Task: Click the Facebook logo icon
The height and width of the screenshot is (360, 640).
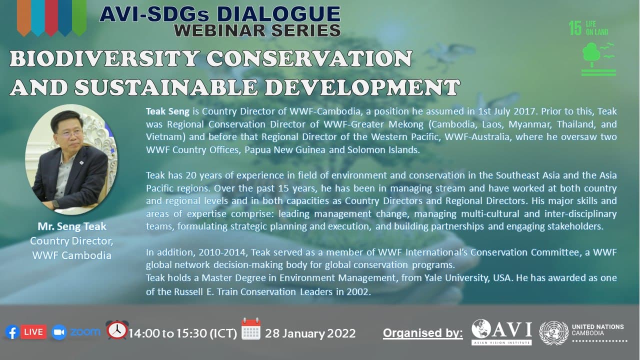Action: [x=12, y=332]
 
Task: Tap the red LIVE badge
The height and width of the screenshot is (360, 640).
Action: [x=33, y=332]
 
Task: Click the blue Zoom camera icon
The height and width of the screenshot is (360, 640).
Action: [x=59, y=332]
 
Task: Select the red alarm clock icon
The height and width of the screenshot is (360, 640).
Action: [x=117, y=329]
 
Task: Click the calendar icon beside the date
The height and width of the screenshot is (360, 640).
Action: [x=251, y=329]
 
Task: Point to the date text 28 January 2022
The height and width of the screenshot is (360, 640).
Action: [x=310, y=333]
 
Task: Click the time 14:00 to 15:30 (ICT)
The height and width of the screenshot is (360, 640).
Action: [x=183, y=333]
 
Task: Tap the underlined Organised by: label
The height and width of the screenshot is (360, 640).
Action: [x=423, y=333]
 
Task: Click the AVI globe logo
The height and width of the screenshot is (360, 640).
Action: [x=481, y=329]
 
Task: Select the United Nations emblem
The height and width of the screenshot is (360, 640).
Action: [x=553, y=333]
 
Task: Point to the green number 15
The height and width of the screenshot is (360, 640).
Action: [x=575, y=28]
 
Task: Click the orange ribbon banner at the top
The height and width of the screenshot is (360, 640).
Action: [x=23, y=17]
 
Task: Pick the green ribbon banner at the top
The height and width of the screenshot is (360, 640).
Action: [x=79, y=17]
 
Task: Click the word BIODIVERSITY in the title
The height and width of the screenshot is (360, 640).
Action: [x=104, y=58]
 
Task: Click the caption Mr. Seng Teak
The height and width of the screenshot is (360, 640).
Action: [x=72, y=226]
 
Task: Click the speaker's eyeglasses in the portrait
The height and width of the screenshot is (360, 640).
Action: [x=70, y=133]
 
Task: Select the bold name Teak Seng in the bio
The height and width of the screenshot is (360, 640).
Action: [x=167, y=111]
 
